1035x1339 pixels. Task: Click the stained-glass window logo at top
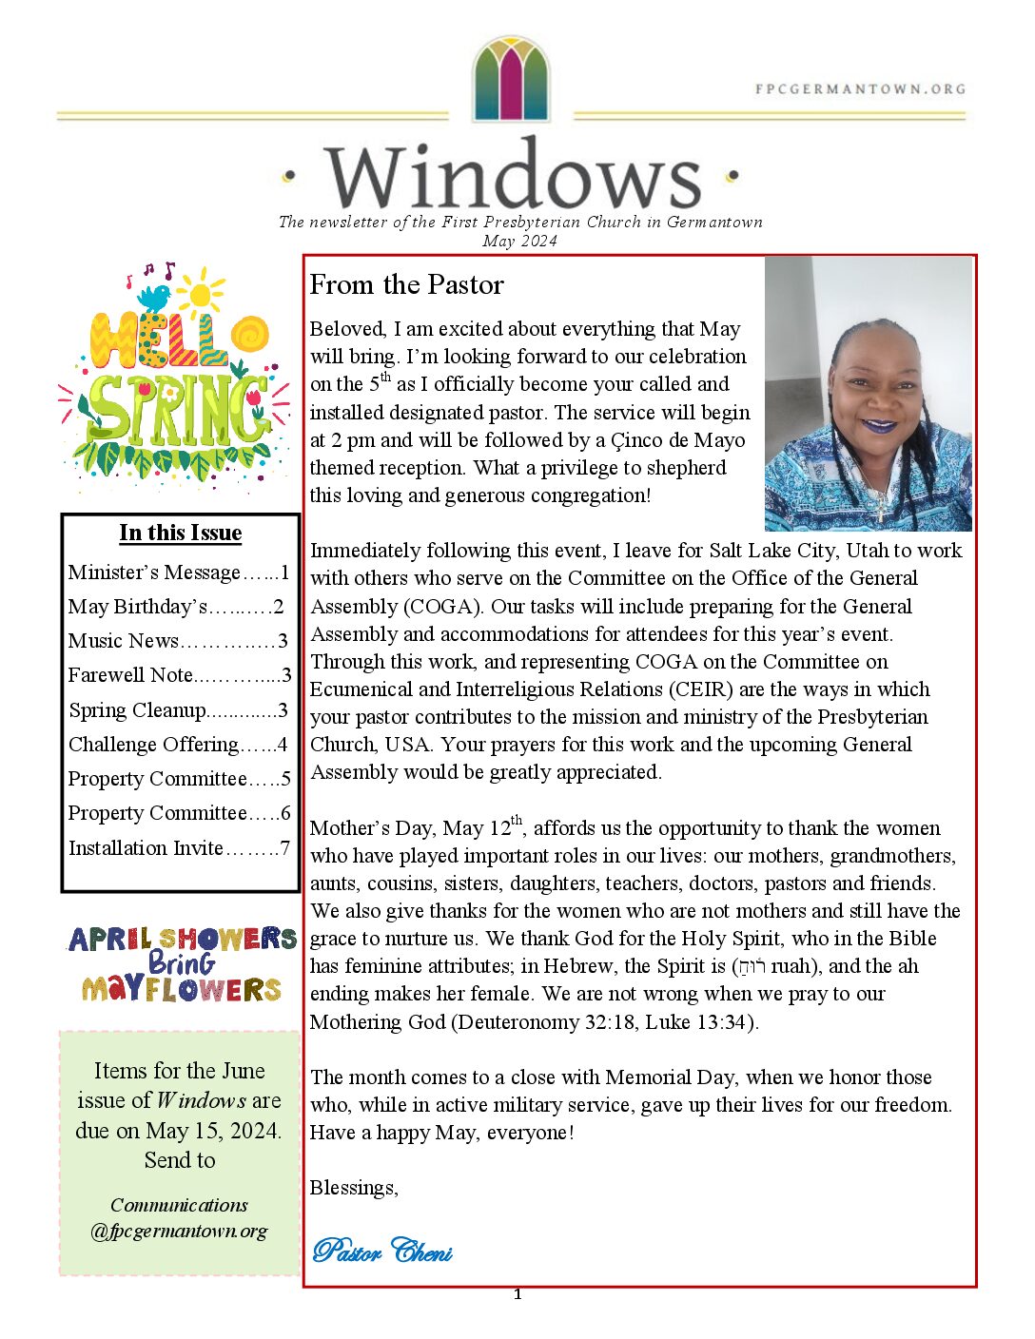pyautogui.click(x=511, y=79)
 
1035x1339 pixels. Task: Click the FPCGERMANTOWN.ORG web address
pyautogui.click(x=860, y=89)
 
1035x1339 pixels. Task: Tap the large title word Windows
pyautogui.click(x=513, y=177)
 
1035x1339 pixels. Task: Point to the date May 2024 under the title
pyautogui.click(x=519, y=242)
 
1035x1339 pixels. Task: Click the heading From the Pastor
pyautogui.click(x=406, y=285)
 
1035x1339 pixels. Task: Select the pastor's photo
pyautogui.click(x=868, y=394)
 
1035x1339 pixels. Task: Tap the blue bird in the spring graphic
pyautogui.click(x=153, y=297)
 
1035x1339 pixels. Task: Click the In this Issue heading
pyautogui.click(x=181, y=533)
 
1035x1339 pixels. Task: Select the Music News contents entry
pyautogui.click(x=178, y=641)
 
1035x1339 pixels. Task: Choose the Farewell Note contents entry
pyautogui.click(x=179, y=675)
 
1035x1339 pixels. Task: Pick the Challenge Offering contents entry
pyautogui.click(x=178, y=745)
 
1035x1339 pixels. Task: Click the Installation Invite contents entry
pyautogui.click(x=179, y=848)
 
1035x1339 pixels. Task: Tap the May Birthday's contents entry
pyautogui.click(x=176, y=607)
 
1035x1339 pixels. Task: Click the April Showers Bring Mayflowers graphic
pyautogui.click(x=182, y=964)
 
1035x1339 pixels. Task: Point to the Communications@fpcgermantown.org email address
pyautogui.click(x=179, y=1218)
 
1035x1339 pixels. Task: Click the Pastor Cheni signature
pyautogui.click(x=382, y=1251)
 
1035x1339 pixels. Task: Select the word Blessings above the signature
pyautogui.click(x=354, y=1188)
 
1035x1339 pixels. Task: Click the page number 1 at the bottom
pyautogui.click(x=517, y=1294)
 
